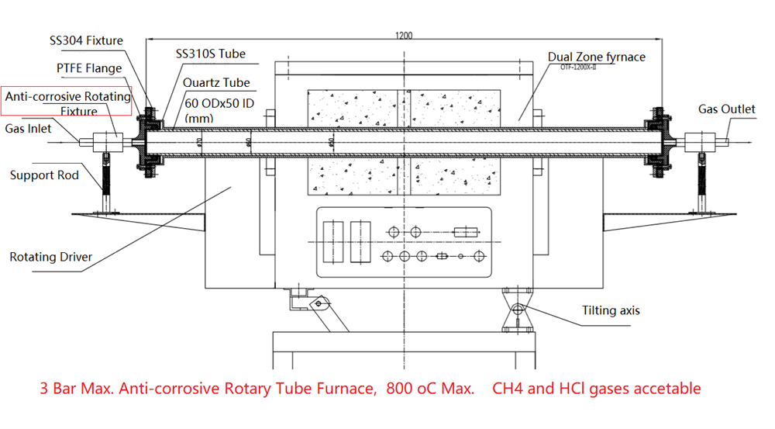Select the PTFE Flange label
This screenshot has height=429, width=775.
89,68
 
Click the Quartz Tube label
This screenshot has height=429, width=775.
216,82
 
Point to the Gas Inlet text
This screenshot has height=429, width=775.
29,128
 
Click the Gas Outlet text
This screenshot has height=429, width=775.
726,109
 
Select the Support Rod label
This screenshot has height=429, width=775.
44,175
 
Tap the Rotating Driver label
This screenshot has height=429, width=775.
50,257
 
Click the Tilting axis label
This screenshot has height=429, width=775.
611,310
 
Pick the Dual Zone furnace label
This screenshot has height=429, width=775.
596,57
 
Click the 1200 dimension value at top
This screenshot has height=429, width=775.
403,35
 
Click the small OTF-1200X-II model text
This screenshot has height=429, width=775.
583,67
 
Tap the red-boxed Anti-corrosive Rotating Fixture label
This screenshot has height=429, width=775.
67,104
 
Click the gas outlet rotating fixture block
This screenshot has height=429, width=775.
701,141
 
